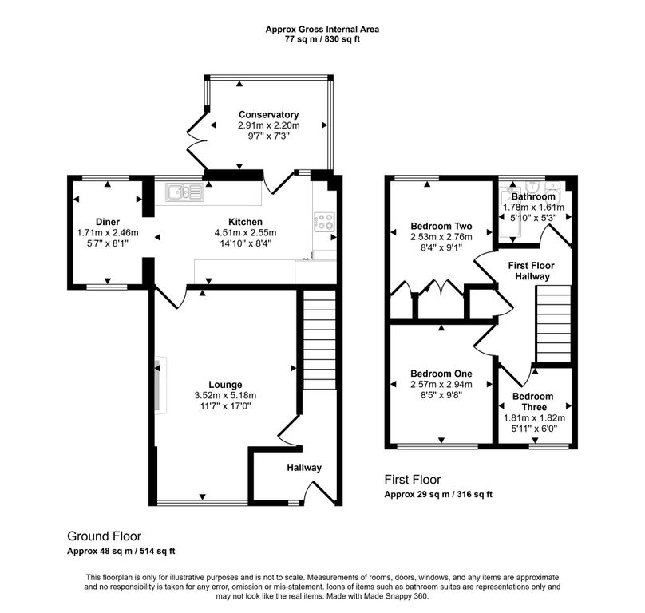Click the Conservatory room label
268,114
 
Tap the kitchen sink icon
184,192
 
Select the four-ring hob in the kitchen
325,221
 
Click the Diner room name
108,222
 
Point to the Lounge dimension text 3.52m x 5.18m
225,395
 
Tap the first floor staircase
554,324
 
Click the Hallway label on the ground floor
304,468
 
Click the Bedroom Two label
441,226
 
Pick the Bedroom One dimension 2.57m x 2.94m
441,384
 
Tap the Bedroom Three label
533,401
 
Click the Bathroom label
533,196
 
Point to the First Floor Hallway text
532,271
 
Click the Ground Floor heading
104,536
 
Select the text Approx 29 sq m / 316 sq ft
438,495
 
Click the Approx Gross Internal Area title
322,30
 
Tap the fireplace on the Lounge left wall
160,385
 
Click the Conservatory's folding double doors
196,140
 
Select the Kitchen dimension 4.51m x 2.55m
245,233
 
